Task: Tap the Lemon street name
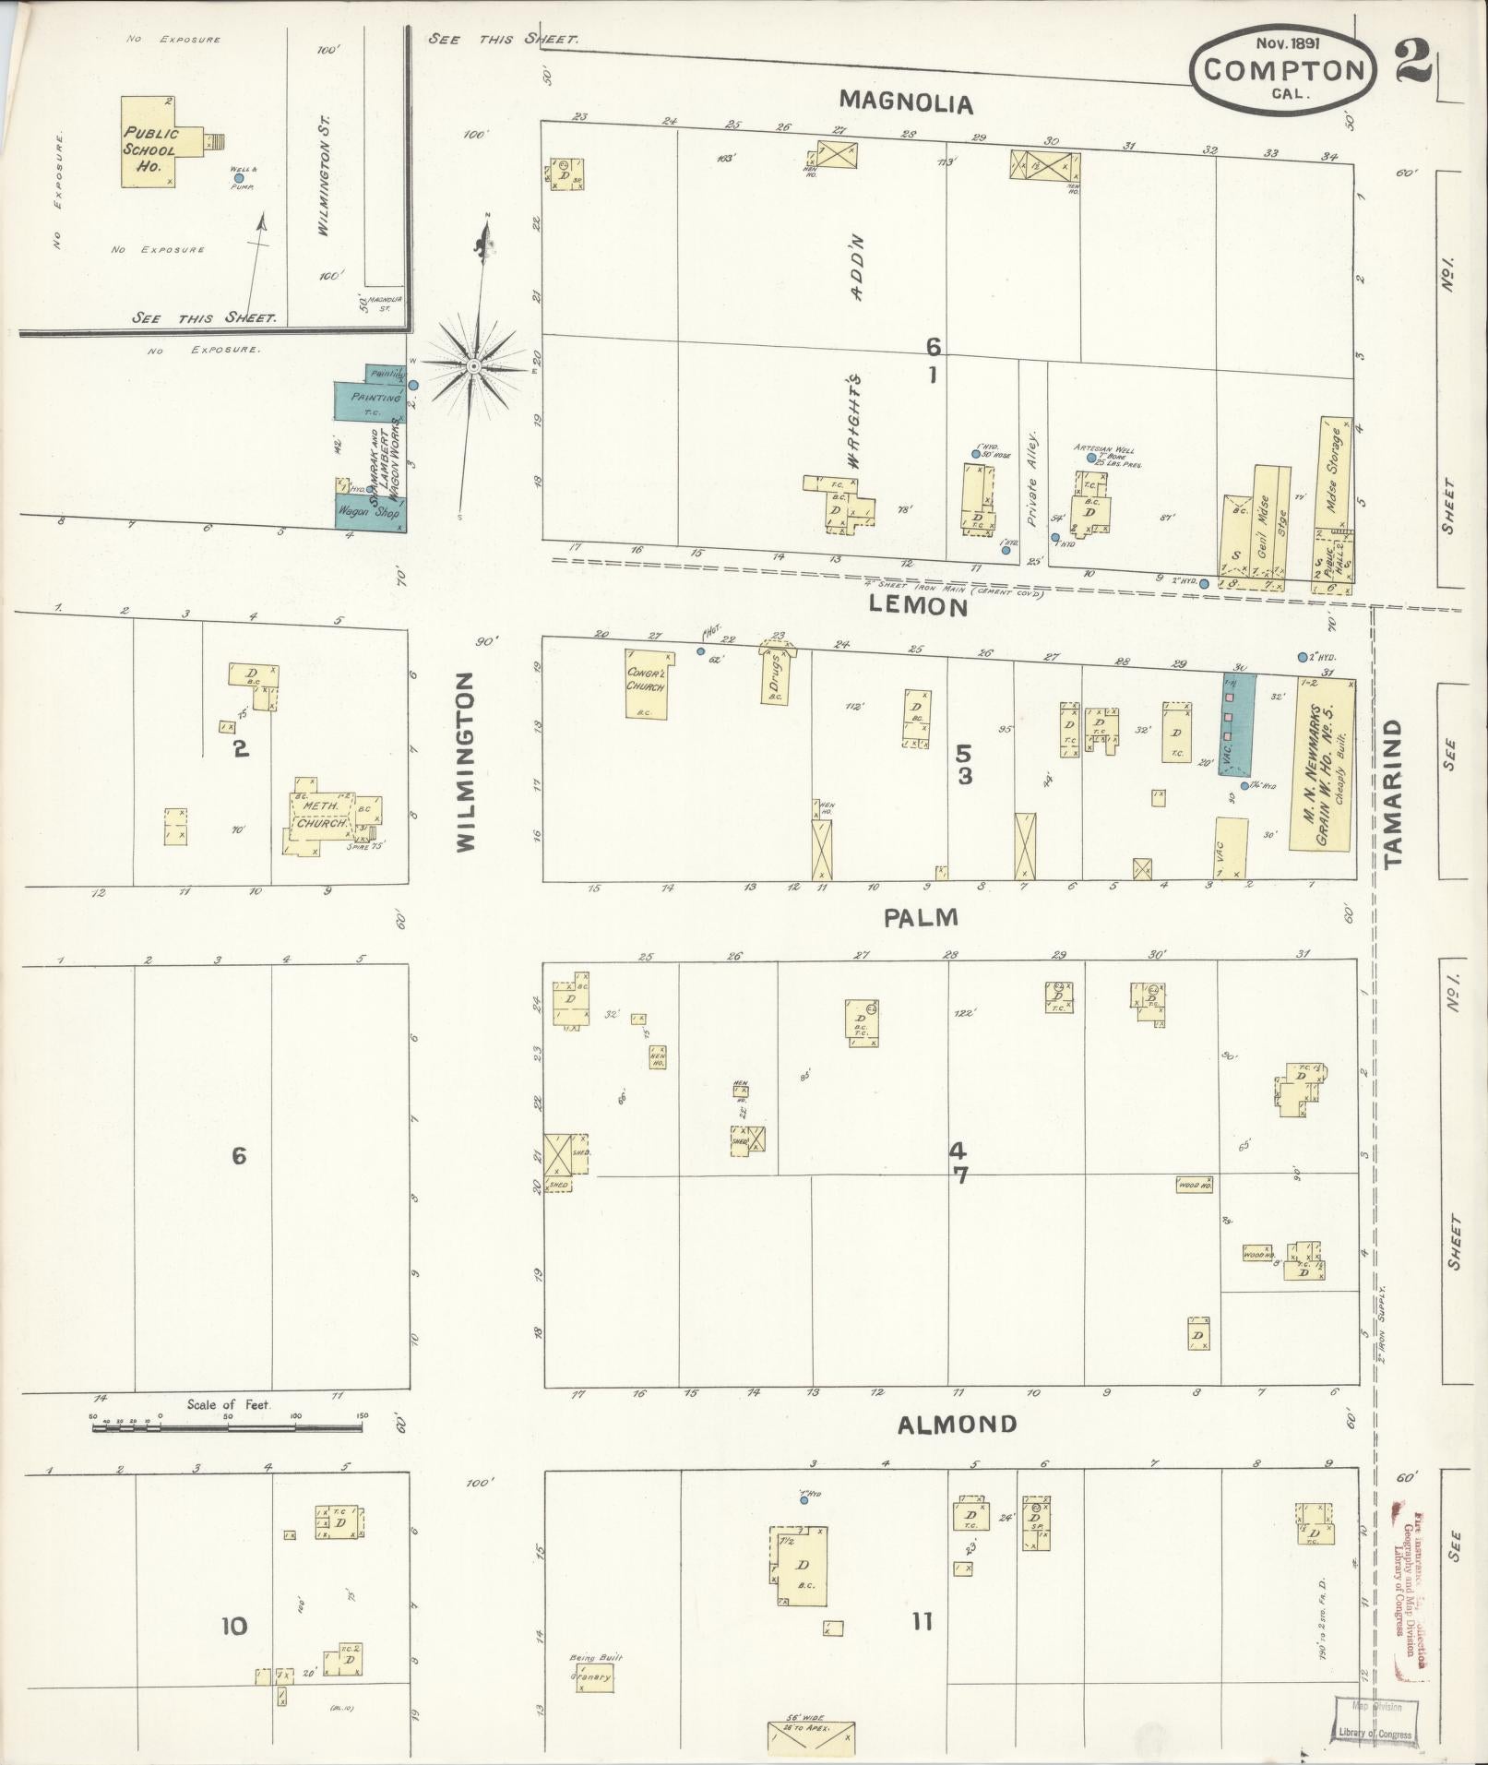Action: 919,605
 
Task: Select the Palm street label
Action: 921,917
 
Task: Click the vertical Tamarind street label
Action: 1392,793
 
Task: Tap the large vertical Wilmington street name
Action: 465,761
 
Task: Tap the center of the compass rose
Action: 473,366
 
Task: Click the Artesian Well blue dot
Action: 1091,458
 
